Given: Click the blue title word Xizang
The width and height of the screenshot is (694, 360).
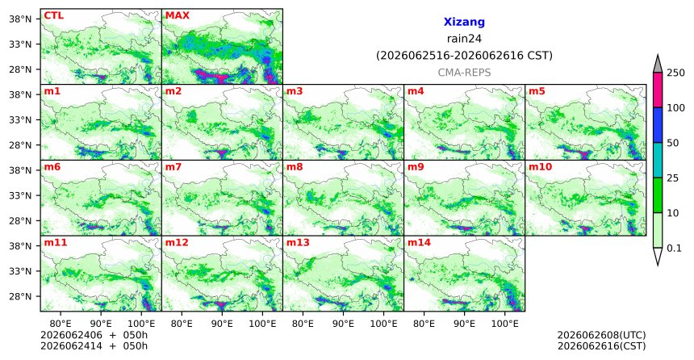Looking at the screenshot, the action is (x=464, y=22).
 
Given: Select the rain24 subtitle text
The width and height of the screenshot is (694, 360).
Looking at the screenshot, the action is (x=464, y=39).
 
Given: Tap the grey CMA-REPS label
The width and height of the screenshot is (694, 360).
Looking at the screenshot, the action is (x=464, y=73).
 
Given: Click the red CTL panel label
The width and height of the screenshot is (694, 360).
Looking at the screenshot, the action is (x=53, y=15).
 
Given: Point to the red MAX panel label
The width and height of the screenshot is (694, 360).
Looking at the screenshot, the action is (x=177, y=15).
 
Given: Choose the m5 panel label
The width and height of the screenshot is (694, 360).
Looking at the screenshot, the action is (x=537, y=91).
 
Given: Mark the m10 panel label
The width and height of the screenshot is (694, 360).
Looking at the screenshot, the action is (x=540, y=167).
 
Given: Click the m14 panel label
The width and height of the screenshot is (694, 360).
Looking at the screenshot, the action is (x=419, y=243).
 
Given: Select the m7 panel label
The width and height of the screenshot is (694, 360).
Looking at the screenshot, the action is (x=173, y=167).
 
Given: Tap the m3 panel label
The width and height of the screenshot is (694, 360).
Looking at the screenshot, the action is (x=295, y=91).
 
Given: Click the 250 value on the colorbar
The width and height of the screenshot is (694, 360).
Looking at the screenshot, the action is (x=675, y=73).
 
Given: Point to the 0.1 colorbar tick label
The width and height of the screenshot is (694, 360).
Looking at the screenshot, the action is (x=674, y=249).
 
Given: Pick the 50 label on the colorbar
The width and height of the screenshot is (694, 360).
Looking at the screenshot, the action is (x=673, y=143).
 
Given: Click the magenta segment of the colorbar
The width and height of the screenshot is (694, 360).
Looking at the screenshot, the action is (x=657, y=90).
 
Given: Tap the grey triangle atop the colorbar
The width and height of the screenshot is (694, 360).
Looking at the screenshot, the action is (x=657, y=65).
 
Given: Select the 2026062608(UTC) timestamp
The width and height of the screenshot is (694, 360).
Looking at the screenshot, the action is (x=601, y=335).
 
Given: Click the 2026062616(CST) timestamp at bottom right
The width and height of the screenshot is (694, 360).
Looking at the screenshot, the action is (x=601, y=345).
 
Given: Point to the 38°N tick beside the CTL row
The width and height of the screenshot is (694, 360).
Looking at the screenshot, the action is (x=20, y=19).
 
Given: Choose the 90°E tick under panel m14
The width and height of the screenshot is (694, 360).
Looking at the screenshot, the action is (x=464, y=324).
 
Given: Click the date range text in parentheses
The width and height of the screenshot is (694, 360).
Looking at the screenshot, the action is (x=464, y=56).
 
